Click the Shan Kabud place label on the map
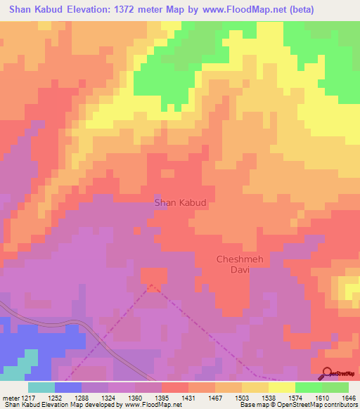[180, 202]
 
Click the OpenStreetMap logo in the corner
[340, 375]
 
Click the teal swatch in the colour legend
[41, 387]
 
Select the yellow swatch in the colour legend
[281, 387]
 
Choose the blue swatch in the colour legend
[67, 387]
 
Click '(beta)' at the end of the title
[298, 9]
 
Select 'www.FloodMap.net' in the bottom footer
[153, 405]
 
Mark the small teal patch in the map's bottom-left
[24, 364]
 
